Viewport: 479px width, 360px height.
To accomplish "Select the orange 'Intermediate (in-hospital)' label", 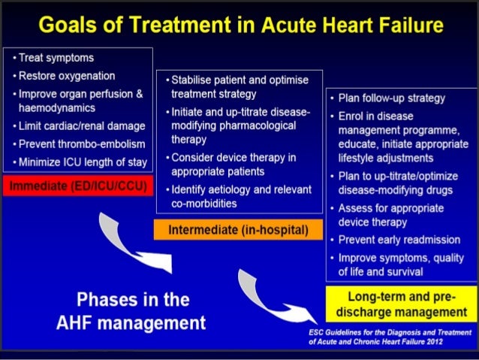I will (239, 228).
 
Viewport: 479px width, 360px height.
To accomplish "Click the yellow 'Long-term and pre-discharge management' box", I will (402, 304).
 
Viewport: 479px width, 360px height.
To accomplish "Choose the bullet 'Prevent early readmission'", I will (399, 240).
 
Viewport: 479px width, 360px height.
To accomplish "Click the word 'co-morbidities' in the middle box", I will (203, 203).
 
